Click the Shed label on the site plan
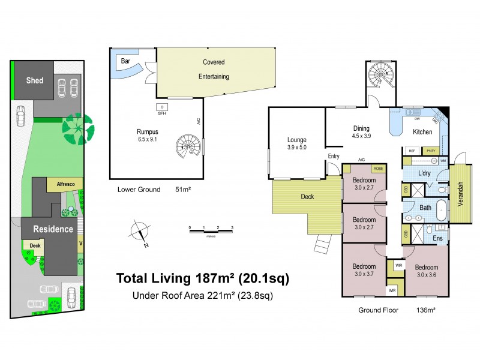click(x=34, y=80)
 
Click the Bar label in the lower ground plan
click(x=126, y=61)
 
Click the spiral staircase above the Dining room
click(x=379, y=76)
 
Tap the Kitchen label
click(x=422, y=131)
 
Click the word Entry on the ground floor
click(x=333, y=157)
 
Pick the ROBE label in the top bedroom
click(x=378, y=169)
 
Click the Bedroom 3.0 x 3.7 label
click(x=364, y=270)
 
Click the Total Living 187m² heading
click(x=202, y=278)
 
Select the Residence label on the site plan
click(x=53, y=229)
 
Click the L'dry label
click(x=425, y=173)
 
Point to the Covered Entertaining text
click(x=215, y=69)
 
